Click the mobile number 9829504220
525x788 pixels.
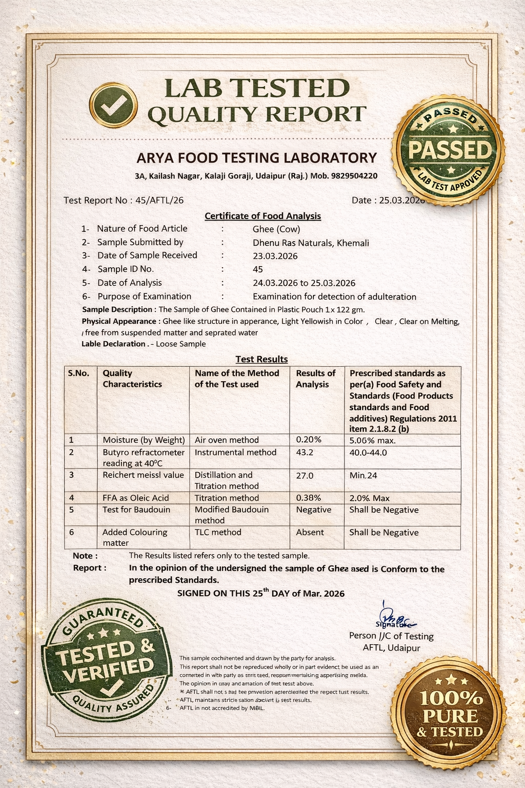tap(354, 176)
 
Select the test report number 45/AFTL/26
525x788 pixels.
tap(159, 200)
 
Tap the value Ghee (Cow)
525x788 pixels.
tap(276, 229)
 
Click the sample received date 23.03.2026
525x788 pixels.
tap(275, 256)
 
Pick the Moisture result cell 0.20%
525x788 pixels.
tap(309, 440)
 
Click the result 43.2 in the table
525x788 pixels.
tap(305, 452)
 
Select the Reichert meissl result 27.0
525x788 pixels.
tap(305, 476)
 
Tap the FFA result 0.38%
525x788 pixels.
tap(309, 498)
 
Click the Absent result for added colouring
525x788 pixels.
tap(310, 533)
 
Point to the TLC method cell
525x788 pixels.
tap(218, 533)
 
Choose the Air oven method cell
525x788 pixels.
tap(227, 440)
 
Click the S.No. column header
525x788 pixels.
tap(78, 373)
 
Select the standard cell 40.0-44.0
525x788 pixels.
tap(368, 452)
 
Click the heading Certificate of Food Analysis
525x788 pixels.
tap(262, 216)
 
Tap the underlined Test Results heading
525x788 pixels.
tap(261, 359)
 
